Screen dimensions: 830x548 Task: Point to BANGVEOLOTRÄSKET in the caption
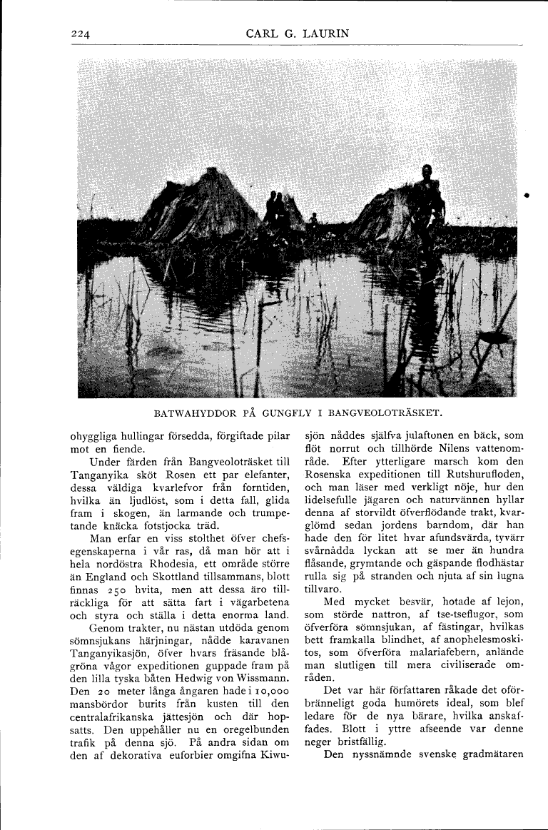pos(388,413)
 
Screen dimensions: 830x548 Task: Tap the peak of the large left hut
pos(211,171)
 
